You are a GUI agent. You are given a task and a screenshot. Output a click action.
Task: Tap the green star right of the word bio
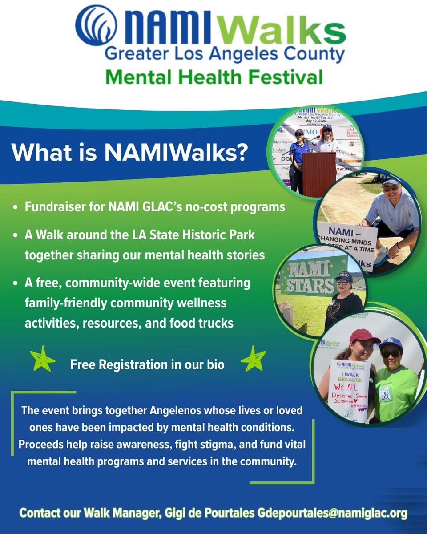tap(253, 360)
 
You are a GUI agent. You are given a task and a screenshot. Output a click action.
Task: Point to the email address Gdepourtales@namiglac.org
tap(332, 514)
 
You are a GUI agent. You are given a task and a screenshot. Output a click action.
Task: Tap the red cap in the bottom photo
tap(364, 335)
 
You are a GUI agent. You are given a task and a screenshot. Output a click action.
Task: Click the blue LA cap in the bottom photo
tap(391, 343)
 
